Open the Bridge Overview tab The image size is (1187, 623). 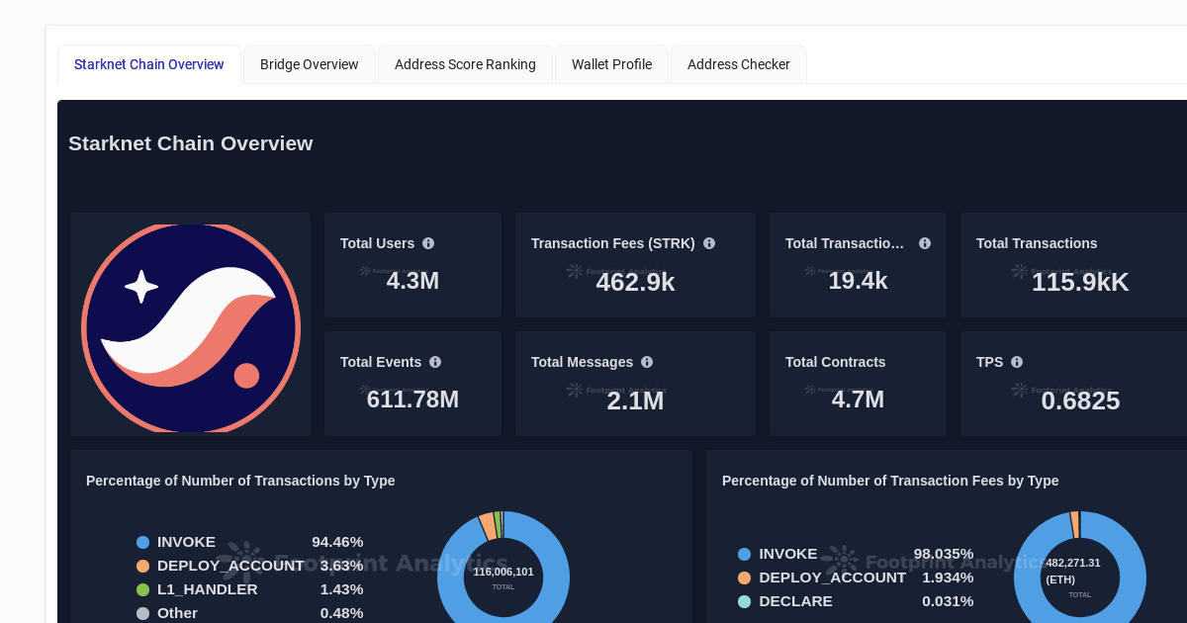pyautogui.click(x=309, y=64)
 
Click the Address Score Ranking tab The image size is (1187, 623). pyautogui.click(x=465, y=64)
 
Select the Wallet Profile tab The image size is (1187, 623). pyautogui.click(x=611, y=64)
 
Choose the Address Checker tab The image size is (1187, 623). pyautogui.click(x=738, y=64)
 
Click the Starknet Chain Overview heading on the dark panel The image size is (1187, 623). pyautogui.click(x=190, y=143)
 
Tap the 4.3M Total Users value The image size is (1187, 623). pyautogui.click(x=412, y=281)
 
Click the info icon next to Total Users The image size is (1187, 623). pyautogui.click(x=428, y=243)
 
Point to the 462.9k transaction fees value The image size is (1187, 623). pyautogui.click(x=635, y=282)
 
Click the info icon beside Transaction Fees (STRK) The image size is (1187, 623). pyautogui.click(x=709, y=243)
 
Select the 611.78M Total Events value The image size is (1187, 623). pyautogui.click(x=412, y=400)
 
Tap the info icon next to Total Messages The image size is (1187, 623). pyautogui.click(x=647, y=362)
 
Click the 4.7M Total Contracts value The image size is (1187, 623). pyautogui.click(x=858, y=400)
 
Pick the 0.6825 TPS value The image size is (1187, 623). pyautogui.click(x=1080, y=400)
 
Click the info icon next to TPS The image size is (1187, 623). pyautogui.click(x=1017, y=362)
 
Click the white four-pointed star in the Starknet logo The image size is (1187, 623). pyautogui.click(x=141, y=287)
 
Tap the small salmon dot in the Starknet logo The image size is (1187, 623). pyautogui.click(x=246, y=376)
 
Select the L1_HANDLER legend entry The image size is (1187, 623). pyautogui.click(x=207, y=589)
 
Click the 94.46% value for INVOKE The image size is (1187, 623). pyautogui.click(x=337, y=542)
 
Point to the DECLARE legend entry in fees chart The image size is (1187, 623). pyautogui.click(x=794, y=601)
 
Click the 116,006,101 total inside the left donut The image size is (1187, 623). pyautogui.click(x=502, y=572)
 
